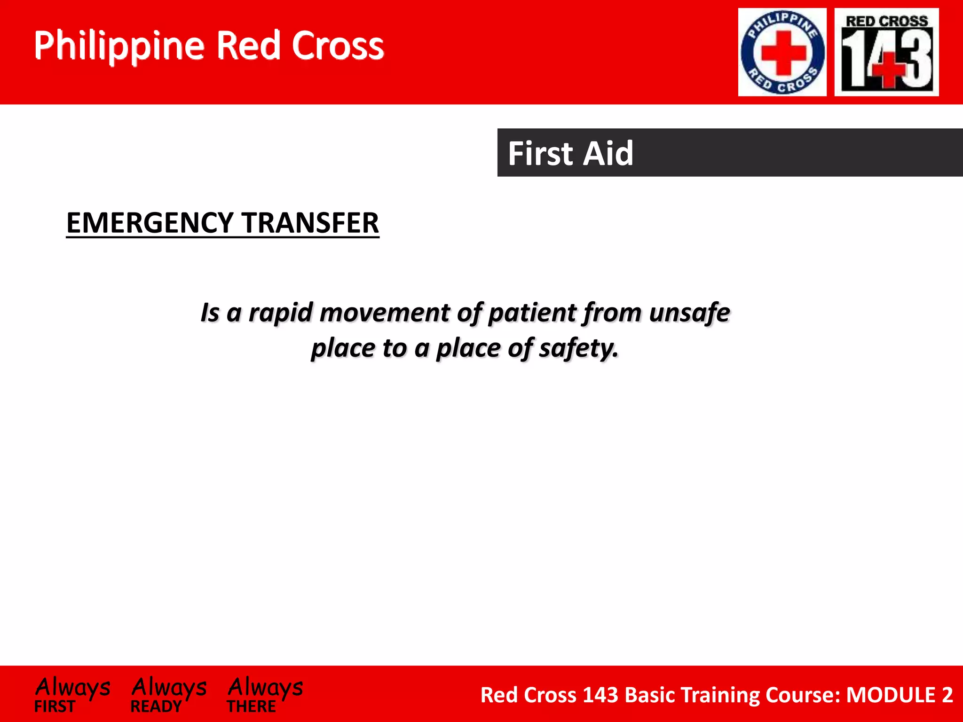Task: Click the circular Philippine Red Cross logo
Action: click(x=782, y=52)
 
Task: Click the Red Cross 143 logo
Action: click(x=886, y=52)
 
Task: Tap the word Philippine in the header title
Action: click(x=119, y=46)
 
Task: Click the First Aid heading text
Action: click(x=570, y=153)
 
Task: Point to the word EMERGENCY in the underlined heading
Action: click(x=150, y=223)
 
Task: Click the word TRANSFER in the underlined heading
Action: click(x=310, y=223)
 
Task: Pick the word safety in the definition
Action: click(x=578, y=348)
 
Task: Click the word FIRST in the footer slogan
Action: click(x=55, y=706)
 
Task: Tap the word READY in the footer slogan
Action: click(x=156, y=706)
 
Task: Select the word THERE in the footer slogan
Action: click(x=251, y=706)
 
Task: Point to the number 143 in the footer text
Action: click(x=600, y=695)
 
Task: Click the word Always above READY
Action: click(x=169, y=687)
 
